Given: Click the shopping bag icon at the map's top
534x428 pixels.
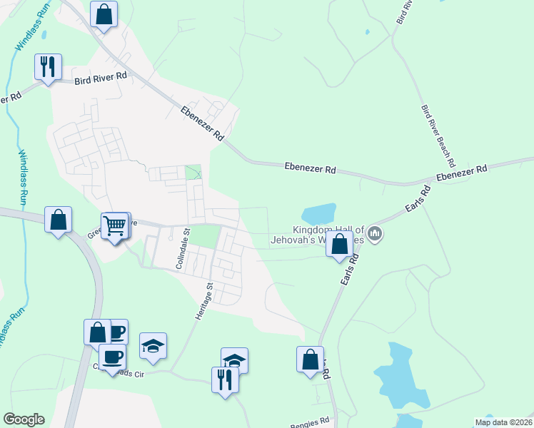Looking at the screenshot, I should [104, 14].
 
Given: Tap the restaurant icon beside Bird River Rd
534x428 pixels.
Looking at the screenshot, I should [48, 67].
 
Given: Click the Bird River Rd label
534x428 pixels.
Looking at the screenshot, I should [101, 78].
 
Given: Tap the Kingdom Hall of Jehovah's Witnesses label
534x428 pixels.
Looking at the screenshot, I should [318, 235].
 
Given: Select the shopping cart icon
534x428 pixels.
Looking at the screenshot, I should [114, 225].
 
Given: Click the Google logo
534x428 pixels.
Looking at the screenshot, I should [24, 419].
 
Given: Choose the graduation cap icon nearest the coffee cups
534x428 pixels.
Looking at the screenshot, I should [153, 346].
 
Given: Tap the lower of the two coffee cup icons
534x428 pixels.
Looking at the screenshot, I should [111, 356].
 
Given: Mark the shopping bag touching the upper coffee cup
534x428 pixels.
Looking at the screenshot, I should [98, 332].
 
